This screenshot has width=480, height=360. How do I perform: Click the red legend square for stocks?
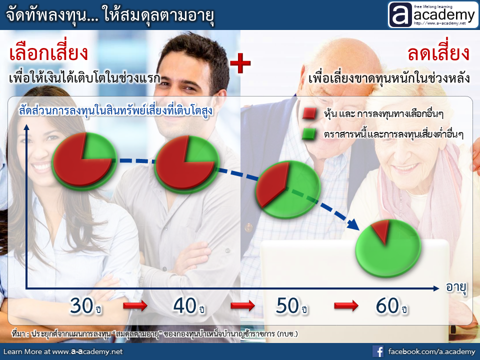[x=309, y=113]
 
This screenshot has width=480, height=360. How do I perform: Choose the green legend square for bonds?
[x=309, y=134]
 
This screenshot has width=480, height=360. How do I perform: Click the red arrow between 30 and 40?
[x=135, y=305]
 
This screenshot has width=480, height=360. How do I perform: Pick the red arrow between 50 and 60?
[x=346, y=305]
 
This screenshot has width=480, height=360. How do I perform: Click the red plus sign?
[x=240, y=63]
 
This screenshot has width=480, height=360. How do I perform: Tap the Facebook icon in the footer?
[x=378, y=351]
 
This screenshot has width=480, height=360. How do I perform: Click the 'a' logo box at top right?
[x=400, y=14]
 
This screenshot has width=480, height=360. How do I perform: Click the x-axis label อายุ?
[x=456, y=288]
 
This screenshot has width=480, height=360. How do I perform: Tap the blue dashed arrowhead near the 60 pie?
[x=353, y=224]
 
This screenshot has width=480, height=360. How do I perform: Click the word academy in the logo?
[x=444, y=14]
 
